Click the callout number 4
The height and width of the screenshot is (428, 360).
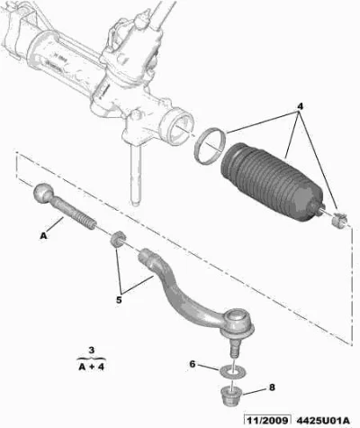300,106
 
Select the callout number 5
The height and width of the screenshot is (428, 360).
119,300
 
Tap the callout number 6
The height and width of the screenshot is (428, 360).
193,364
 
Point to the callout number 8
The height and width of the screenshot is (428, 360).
272,387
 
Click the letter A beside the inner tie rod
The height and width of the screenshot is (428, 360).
44,236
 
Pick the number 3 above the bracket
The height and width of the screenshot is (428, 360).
92,350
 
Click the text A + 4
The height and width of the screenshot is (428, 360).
91,367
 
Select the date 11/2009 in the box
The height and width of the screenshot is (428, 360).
267,420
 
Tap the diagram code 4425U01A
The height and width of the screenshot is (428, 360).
323,420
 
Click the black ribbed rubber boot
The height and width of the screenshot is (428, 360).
273,183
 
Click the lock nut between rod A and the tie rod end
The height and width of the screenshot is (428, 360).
117,239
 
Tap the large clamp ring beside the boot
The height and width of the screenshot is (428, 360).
210,145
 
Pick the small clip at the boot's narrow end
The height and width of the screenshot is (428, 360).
339,220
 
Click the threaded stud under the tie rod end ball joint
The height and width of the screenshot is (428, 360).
232,348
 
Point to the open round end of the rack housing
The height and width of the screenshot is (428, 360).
176,126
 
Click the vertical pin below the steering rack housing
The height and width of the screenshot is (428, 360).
136,174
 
